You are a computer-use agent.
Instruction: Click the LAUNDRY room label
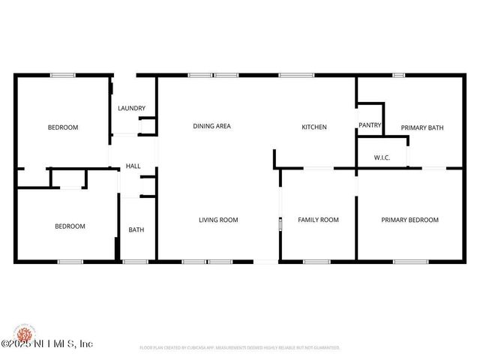click(131, 109)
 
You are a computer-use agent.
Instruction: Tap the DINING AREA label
click(211, 127)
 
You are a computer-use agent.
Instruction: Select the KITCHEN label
click(314, 127)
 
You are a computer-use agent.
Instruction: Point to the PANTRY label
click(370, 125)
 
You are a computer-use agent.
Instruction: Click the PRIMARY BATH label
click(421, 127)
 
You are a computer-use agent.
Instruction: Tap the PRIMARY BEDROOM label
click(409, 220)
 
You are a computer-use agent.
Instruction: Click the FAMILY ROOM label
click(318, 220)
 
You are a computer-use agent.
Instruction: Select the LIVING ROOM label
click(218, 220)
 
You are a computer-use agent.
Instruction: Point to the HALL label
click(133, 166)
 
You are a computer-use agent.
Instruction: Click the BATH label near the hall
click(136, 230)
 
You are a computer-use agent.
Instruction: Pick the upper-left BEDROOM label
click(63, 127)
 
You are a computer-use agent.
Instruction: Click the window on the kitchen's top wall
click(296, 75)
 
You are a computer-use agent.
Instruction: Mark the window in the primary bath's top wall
click(399, 75)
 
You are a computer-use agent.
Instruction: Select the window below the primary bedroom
click(410, 262)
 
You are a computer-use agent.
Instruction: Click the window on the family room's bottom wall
click(316, 262)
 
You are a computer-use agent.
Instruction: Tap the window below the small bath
click(135, 262)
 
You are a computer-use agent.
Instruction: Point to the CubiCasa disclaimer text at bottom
click(240, 348)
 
